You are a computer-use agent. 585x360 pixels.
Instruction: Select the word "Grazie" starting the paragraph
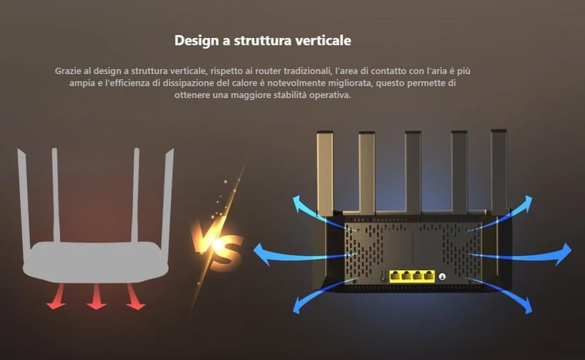tap(69, 71)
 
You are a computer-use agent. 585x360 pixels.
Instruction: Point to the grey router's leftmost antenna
tap(22, 198)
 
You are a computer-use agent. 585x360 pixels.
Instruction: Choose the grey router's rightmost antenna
tap(167, 198)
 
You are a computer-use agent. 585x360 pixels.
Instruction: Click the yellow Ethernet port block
tap(411, 276)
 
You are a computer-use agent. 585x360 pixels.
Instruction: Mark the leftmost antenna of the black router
tap(325, 172)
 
